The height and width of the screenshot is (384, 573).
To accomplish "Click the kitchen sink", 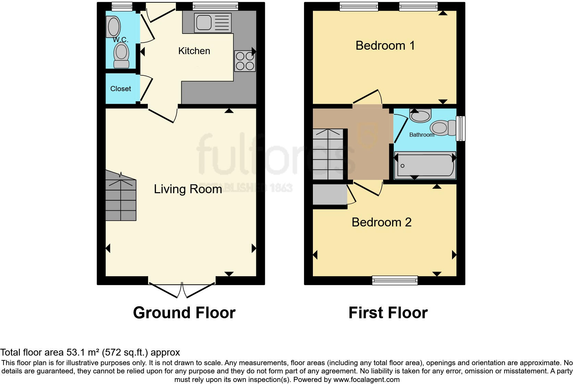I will point(212,23).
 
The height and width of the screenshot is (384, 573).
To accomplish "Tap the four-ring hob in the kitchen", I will point(245,61).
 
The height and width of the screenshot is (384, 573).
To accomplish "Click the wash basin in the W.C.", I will point(113,26).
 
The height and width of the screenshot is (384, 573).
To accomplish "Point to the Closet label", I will point(121,89).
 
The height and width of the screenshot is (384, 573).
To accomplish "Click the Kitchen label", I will point(194,51).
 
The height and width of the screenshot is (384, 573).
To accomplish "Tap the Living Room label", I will point(188,189).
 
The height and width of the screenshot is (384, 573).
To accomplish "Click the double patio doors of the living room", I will point(182,289).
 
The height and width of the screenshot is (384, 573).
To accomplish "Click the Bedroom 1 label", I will point(385,46).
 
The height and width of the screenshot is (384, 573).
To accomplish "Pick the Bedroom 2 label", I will point(381,222).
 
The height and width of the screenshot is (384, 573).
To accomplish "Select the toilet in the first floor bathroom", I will point(442,128).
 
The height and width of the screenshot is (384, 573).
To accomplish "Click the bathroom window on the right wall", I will point(461,128).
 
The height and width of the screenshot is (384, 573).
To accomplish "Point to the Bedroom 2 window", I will point(395,281).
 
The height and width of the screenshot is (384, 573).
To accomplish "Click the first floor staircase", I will point(328,154).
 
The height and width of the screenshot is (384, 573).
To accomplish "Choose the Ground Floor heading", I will point(184,313).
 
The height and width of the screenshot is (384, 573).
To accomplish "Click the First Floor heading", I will point(388,313).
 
